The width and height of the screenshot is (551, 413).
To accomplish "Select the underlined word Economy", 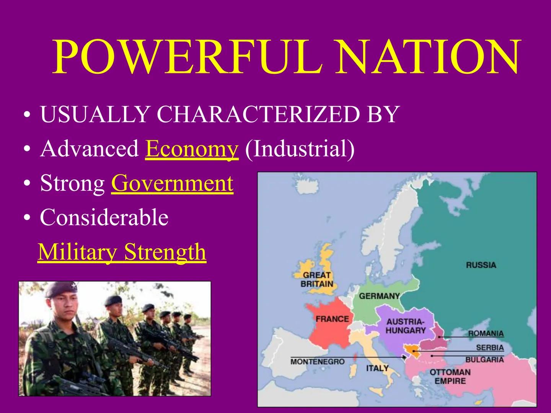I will [192, 149].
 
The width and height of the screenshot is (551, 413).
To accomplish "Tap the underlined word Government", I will [172, 183].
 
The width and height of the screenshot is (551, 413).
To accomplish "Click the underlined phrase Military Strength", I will [122, 252].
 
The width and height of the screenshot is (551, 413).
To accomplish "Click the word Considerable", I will [104, 218].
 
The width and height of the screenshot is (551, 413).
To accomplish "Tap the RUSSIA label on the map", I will [481, 265].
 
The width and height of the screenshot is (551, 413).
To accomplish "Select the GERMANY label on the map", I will [379, 296].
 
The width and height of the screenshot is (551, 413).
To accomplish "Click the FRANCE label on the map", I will [332, 319].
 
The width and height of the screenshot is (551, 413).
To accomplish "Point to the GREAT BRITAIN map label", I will [317, 280].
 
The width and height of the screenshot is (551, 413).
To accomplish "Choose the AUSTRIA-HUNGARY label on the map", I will [406, 326].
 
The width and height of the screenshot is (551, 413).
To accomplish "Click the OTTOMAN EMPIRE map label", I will [450, 376].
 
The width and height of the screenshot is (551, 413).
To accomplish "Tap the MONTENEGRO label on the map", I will [318, 361].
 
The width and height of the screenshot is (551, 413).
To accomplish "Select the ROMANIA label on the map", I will [486, 333].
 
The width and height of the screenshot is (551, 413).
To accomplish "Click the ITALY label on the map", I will [377, 368].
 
